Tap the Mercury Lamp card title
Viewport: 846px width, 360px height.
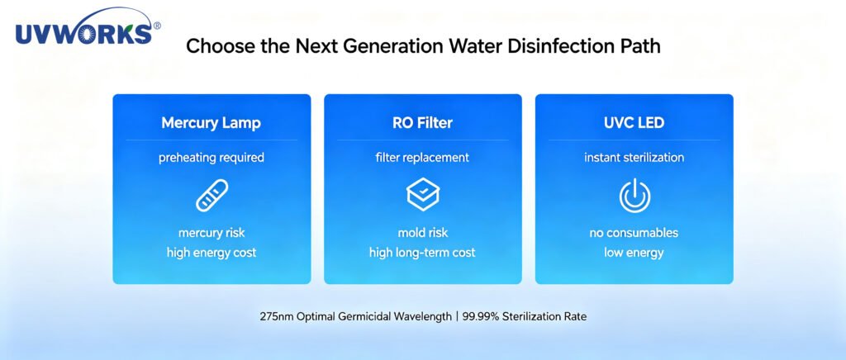click(211, 123)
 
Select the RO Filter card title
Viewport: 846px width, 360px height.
click(422, 123)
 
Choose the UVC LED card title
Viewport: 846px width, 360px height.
click(634, 123)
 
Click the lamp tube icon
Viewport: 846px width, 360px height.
click(211, 195)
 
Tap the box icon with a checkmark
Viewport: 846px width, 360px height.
click(423, 195)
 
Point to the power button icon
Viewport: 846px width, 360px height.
click(634, 195)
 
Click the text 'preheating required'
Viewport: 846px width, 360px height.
click(211, 158)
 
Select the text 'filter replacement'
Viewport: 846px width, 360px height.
click(422, 158)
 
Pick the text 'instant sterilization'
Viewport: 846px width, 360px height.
click(634, 158)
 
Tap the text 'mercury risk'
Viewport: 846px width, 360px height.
click(211, 233)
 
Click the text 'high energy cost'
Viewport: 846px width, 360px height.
click(211, 252)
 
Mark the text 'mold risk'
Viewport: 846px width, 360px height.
click(423, 233)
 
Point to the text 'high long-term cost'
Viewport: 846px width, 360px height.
click(422, 252)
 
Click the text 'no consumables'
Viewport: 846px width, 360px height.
click(634, 233)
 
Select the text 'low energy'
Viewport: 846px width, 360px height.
click(634, 252)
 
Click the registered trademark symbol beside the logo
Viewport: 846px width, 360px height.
click(157, 26)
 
